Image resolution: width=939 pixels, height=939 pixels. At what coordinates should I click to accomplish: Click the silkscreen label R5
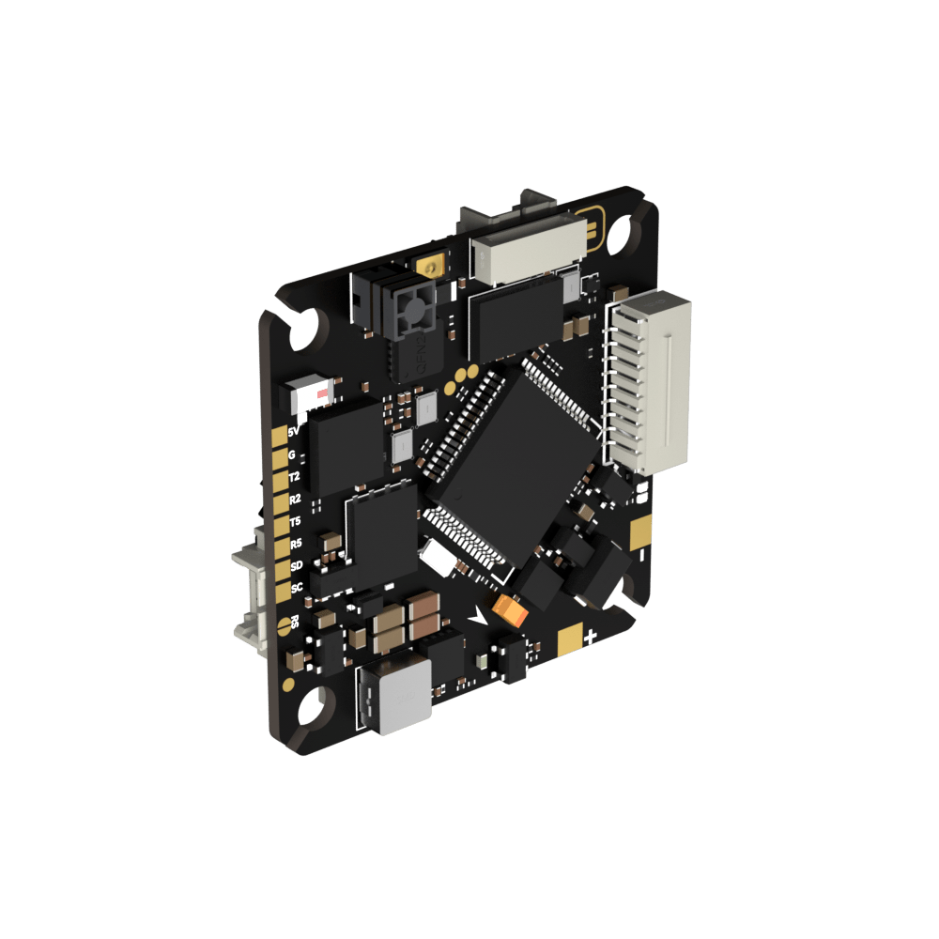pyautogui.click(x=296, y=544)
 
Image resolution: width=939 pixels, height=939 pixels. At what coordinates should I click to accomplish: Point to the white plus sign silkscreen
pyautogui.click(x=591, y=638)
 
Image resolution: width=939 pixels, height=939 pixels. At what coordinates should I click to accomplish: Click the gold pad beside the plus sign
pyautogui.click(x=569, y=641)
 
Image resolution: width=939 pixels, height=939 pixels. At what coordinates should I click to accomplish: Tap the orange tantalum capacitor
pyautogui.click(x=511, y=611)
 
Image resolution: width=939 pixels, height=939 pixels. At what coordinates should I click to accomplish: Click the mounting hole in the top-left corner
pyautogui.click(x=310, y=329)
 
